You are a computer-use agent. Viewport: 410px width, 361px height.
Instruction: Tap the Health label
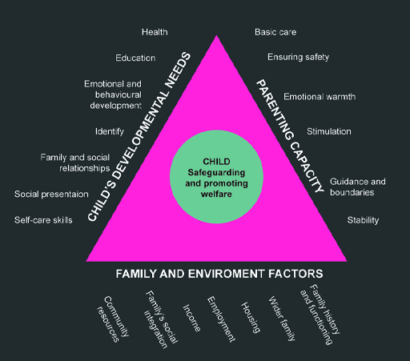click(155, 32)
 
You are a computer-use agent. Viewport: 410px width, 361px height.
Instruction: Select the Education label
click(135, 58)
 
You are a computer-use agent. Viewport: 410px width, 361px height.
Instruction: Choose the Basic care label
click(275, 32)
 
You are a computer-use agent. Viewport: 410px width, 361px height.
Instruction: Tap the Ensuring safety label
click(298, 57)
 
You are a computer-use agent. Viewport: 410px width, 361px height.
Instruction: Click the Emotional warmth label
click(320, 97)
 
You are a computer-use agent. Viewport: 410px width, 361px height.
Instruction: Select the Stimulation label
click(328, 131)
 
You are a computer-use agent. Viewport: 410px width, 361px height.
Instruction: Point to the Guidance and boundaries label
click(357, 187)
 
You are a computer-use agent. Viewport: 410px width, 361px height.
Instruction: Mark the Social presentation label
click(51, 195)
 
